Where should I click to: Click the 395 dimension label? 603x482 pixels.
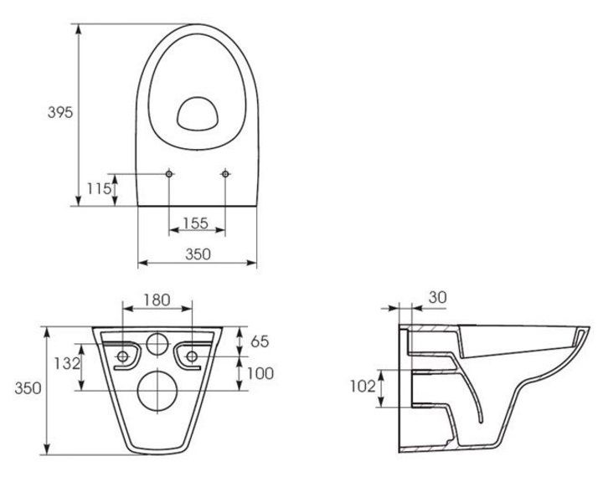pos(60,112)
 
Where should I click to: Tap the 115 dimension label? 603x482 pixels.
pos(99,189)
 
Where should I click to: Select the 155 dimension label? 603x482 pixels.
pos(195,223)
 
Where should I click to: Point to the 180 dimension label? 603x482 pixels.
pos(157,300)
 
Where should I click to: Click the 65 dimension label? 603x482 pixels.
pos(260,341)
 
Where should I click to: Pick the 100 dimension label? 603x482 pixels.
pos(260,373)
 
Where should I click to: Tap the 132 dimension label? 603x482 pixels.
pos(66,363)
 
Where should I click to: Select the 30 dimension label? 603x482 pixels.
pos(438,297)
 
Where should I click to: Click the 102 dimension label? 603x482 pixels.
pos(363,387)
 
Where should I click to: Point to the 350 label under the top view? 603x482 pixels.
pos(198,254)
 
